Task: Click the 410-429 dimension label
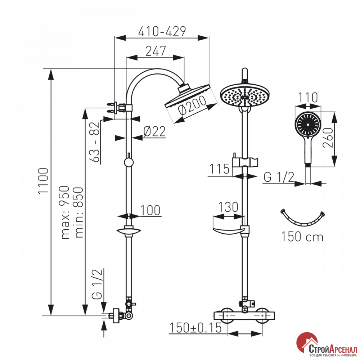[162, 31]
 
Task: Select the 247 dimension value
[156, 51]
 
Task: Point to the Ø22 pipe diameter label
[154, 131]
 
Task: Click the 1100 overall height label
[44, 181]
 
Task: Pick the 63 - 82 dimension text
[96, 142]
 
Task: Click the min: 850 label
[79, 212]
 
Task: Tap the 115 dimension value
[219, 169]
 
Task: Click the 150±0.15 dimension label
[195, 328]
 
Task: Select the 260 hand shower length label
[328, 138]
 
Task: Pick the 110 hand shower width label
[308, 98]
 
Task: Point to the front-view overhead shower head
[245, 94]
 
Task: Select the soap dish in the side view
[129, 231]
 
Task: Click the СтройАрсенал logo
[327, 346]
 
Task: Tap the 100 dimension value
[150, 210]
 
